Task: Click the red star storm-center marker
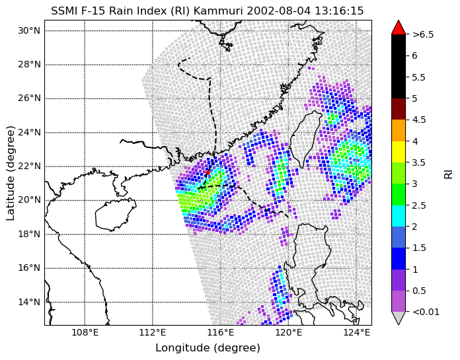tap(208, 172)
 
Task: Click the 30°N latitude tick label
tap(29, 31)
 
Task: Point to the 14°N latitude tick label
tap(29, 302)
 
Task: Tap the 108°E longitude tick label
tap(85, 333)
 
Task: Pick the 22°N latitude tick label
tap(29, 166)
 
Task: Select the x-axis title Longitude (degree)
tap(208, 348)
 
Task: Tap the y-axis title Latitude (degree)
tap(11, 173)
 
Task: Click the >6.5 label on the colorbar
tap(423, 34)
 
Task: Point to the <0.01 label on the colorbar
tap(426, 312)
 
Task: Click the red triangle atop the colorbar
tap(399, 27)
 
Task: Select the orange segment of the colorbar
tap(399, 130)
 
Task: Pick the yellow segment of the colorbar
tap(399, 152)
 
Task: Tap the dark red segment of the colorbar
tap(399, 109)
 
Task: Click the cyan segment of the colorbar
tap(399, 216)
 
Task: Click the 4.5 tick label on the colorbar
tap(418, 120)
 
